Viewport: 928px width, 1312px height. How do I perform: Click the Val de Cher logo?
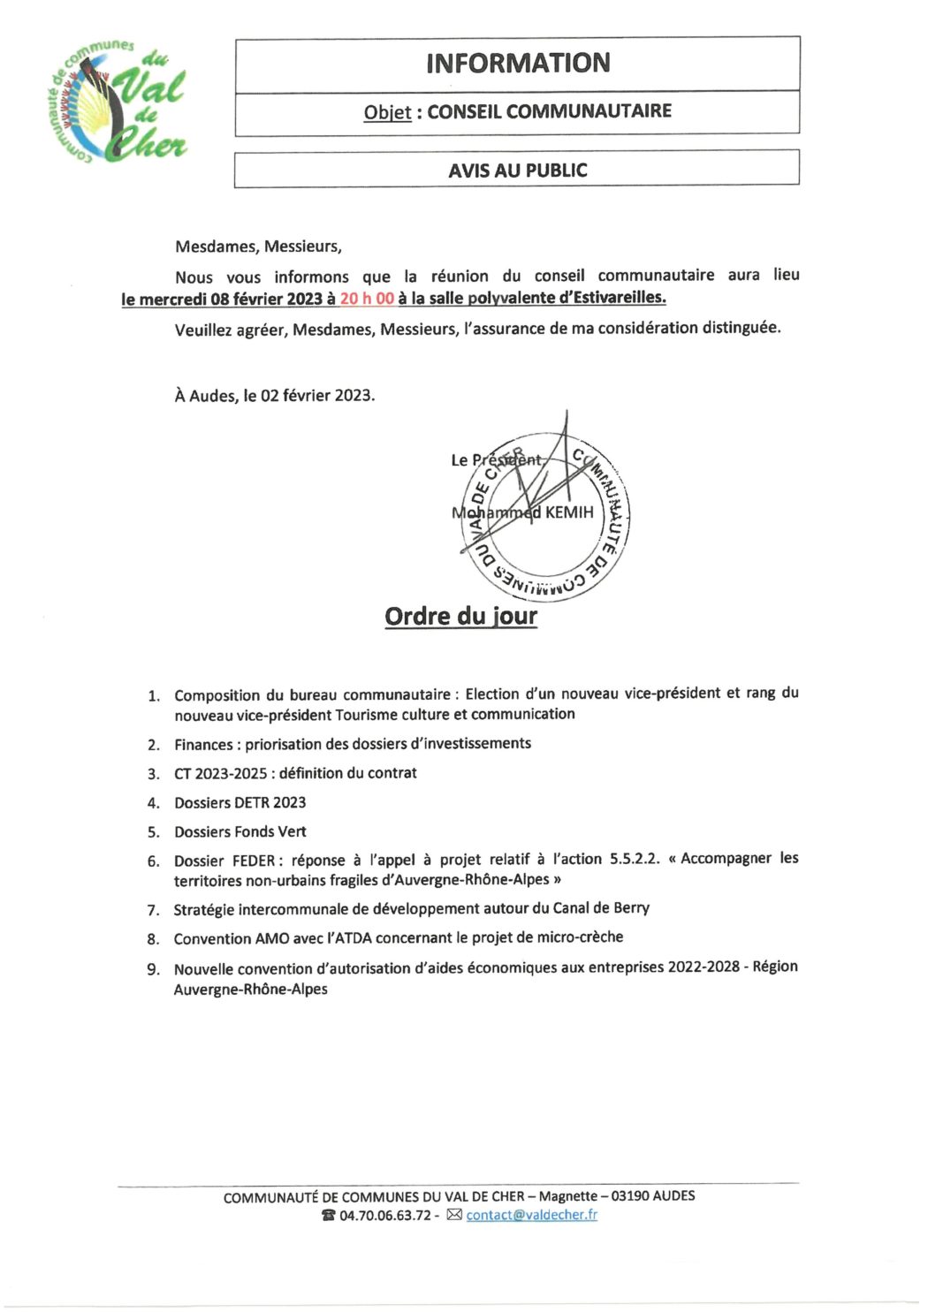117,102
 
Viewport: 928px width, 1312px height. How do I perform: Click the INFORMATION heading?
517,64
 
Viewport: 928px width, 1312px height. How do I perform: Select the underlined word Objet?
387,112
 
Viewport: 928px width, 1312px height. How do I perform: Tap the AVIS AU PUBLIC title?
517,170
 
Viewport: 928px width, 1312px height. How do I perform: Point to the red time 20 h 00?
367,299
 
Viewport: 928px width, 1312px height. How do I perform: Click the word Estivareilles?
618,298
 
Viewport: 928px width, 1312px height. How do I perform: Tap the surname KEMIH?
570,512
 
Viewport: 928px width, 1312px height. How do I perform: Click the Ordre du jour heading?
460,616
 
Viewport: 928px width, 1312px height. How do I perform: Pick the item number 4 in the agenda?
153,803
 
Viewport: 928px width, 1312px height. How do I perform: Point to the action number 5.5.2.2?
634,859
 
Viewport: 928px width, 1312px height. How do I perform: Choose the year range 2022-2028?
704,967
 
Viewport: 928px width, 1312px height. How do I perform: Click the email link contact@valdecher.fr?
531,1215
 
